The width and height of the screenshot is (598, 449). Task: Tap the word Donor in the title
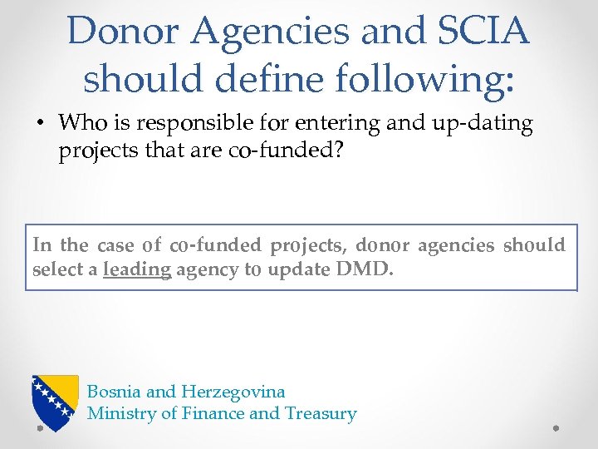click(x=125, y=31)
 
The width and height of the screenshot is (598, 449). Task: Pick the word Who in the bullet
click(x=81, y=124)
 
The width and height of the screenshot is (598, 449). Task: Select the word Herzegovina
click(x=233, y=391)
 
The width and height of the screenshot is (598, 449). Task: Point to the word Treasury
click(x=321, y=413)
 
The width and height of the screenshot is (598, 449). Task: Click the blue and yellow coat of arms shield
click(x=55, y=400)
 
